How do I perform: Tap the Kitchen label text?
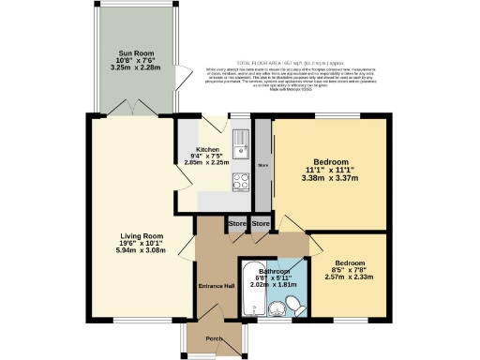click(x=207, y=149)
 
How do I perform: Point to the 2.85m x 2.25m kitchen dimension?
click(x=207, y=163)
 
